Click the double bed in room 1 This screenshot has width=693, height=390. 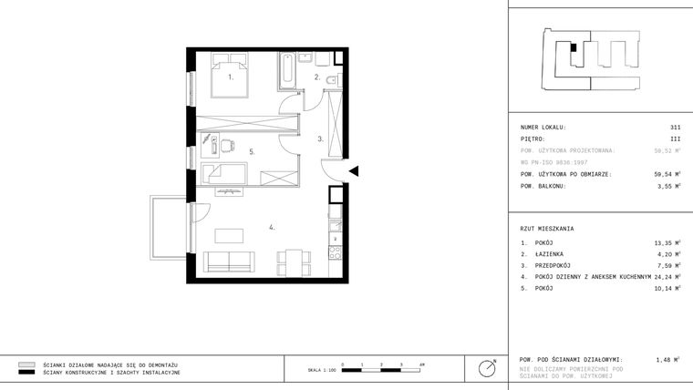coord(230,77)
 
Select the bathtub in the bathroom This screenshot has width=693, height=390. coord(285,73)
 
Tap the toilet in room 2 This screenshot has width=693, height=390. coord(333,83)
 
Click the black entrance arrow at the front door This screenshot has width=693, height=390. coord(356,170)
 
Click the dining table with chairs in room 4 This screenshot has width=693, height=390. coord(291,262)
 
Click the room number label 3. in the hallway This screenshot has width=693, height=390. coord(320,139)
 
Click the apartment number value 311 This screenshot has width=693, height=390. coord(674,128)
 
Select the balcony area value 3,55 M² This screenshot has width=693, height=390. coord(668,186)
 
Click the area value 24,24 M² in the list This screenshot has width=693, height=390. coord(667,276)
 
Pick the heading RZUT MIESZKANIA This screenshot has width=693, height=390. coord(547,229)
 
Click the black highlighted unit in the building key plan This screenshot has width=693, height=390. coord(573,49)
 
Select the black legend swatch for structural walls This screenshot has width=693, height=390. coord(26,373)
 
